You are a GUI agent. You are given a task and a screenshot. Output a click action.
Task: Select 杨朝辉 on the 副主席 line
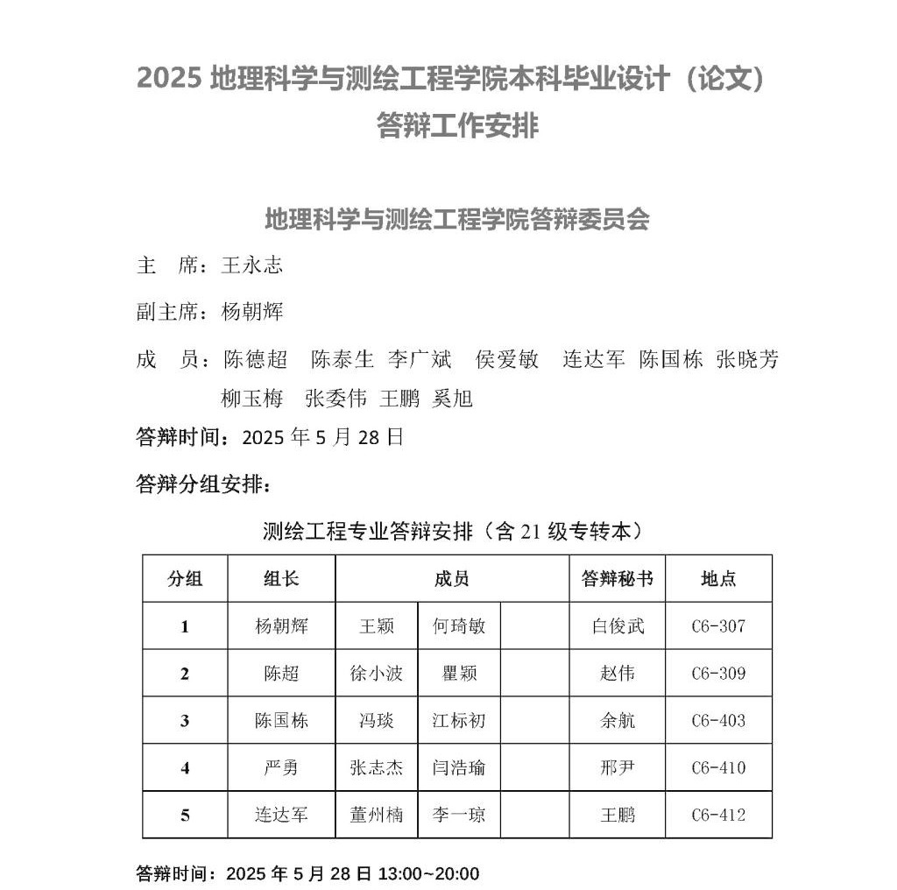pyautogui.click(x=252, y=312)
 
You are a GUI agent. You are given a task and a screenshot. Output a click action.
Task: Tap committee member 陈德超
pyautogui.click(x=256, y=359)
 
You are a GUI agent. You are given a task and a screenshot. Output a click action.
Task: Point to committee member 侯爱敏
pyautogui.click(x=507, y=359)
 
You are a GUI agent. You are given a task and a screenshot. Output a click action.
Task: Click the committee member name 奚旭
pyautogui.click(x=453, y=399)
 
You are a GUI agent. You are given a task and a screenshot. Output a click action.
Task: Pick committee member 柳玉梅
pyautogui.click(x=252, y=399)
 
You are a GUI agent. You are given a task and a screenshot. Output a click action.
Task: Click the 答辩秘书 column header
pyautogui.click(x=617, y=578)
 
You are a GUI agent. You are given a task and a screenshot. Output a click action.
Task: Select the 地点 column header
pyautogui.click(x=718, y=578)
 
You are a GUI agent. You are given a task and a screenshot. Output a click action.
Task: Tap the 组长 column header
pyautogui.click(x=281, y=578)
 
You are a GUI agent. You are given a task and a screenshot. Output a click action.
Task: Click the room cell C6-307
pyautogui.click(x=718, y=626)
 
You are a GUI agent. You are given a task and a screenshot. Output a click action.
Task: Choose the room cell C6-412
pyautogui.click(x=718, y=815)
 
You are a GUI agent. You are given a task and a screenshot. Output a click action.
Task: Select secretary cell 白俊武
pyautogui.click(x=617, y=626)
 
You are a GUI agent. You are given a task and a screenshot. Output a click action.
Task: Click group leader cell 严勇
pyautogui.click(x=281, y=768)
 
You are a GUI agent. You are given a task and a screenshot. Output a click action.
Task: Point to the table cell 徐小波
pyautogui.click(x=377, y=674)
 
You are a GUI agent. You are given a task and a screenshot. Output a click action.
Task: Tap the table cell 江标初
pyautogui.click(x=459, y=721)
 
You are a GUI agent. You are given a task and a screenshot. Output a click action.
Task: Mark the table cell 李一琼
pyautogui.click(x=459, y=815)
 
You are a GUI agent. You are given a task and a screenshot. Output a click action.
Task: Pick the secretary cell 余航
pyautogui.click(x=617, y=721)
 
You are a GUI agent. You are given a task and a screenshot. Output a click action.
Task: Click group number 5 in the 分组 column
pyautogui.click(x=185, y=815)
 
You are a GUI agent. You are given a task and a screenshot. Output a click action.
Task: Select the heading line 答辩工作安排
pyautogui.click(x=457, y=126)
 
